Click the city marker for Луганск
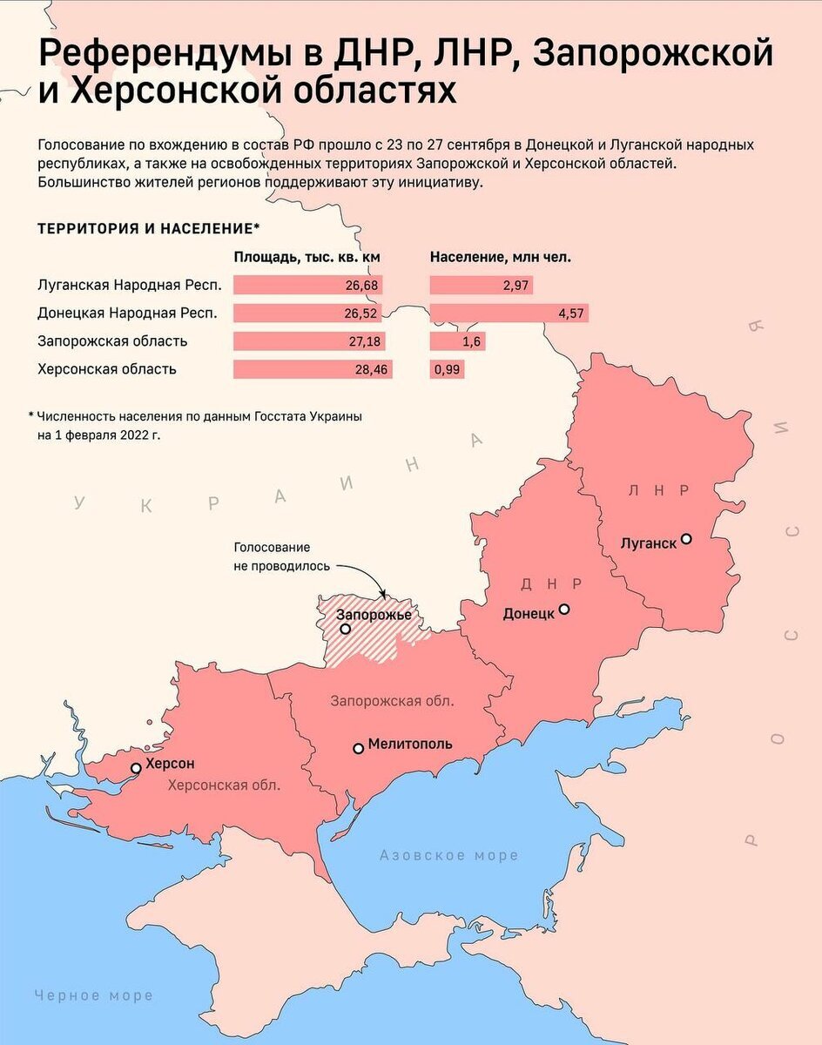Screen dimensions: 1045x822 (x=686, y=539)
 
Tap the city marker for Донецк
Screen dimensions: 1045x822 (x=564, y=610)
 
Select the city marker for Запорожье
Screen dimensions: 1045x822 (x=346, y=629)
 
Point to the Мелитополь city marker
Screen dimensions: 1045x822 (x=358, y=747)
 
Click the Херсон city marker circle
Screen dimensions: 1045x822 (x=136, y=767)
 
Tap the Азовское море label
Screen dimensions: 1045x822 (x=448, y=855)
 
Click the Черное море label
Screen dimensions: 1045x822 (x=93, y=995)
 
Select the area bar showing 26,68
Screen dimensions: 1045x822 (x=307, y=285)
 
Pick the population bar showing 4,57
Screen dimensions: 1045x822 (x=509, y=313)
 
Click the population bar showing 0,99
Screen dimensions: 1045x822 (x=447, y=369)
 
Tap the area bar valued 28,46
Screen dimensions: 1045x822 (x=313, y=369)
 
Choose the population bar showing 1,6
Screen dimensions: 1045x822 (x=458, y=341)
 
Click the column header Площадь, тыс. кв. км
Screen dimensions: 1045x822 (x=307, y=258)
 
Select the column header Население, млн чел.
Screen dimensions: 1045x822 (x=501, y=258)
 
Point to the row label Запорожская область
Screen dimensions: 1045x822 (x=112, y=341)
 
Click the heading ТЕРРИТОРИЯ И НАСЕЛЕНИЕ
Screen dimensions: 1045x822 (x=148, y=228)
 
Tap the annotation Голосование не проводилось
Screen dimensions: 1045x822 (x=281, y=556)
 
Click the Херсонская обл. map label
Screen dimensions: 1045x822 (x=224, y=785)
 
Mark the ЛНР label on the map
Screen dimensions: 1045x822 (x=658, y=491)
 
